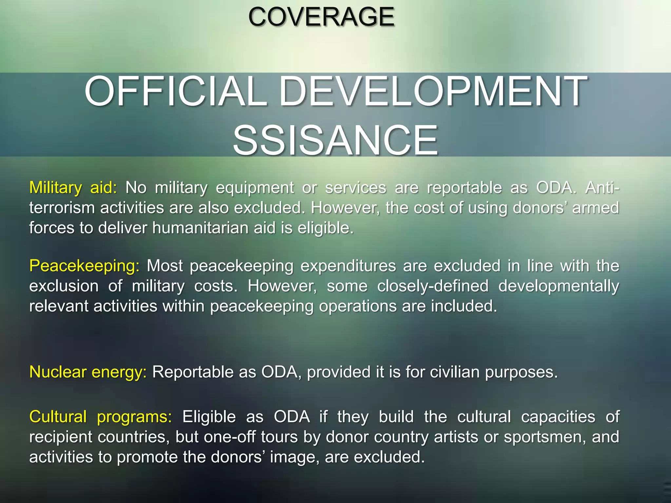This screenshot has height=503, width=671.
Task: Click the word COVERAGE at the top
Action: [321, 17]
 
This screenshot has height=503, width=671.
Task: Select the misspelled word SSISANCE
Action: [335, 140]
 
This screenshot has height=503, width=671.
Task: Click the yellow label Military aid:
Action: [73, 188]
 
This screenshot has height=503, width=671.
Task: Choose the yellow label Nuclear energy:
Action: [88, 372]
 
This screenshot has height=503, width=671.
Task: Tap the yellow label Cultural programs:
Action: [100, 417]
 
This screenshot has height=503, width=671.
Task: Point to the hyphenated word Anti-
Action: [602, 188]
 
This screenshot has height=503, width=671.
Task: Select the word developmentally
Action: [559, 286]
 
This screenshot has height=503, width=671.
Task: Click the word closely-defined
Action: [432, 286]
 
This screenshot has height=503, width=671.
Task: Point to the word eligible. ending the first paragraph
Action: [325, 228]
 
